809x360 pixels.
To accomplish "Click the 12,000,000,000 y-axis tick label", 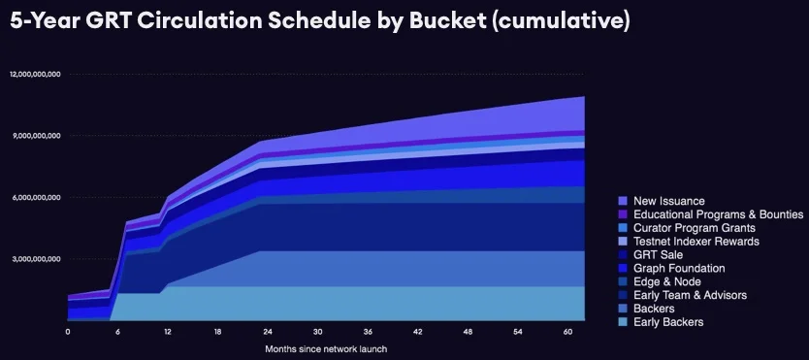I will pos(35,74).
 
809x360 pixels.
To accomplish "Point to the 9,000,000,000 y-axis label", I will pos(37,136).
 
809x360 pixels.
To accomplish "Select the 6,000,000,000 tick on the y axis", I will pos(37,197).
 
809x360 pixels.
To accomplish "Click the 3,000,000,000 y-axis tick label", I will pos(37,259).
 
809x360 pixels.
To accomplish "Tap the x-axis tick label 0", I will pos(68,331).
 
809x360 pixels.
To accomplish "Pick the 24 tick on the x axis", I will pos(267,331).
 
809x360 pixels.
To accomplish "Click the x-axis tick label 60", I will pos(566,331).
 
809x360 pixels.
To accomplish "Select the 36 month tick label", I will pos(367,331).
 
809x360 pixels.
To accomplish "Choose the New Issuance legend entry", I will pos(668,201).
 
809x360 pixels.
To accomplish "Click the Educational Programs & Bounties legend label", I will pos(717,214).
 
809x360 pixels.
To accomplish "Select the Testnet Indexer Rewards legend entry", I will pos(696,242).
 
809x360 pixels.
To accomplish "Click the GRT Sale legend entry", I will pos(657,255).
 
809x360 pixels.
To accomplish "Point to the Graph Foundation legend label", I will pos(679,269).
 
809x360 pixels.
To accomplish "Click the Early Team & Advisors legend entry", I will pos(690,296).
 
